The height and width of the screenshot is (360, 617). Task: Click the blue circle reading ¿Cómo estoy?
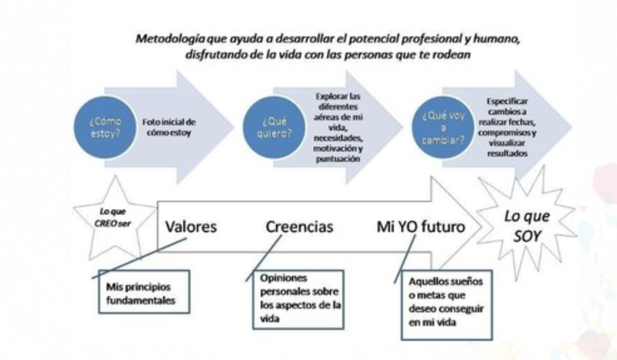coord(105,128)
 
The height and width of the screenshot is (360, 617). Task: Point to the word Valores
coord(191,226)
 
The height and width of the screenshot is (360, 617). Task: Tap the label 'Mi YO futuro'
coord(421,226)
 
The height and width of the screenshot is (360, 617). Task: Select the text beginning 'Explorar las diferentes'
coord(339,127)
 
